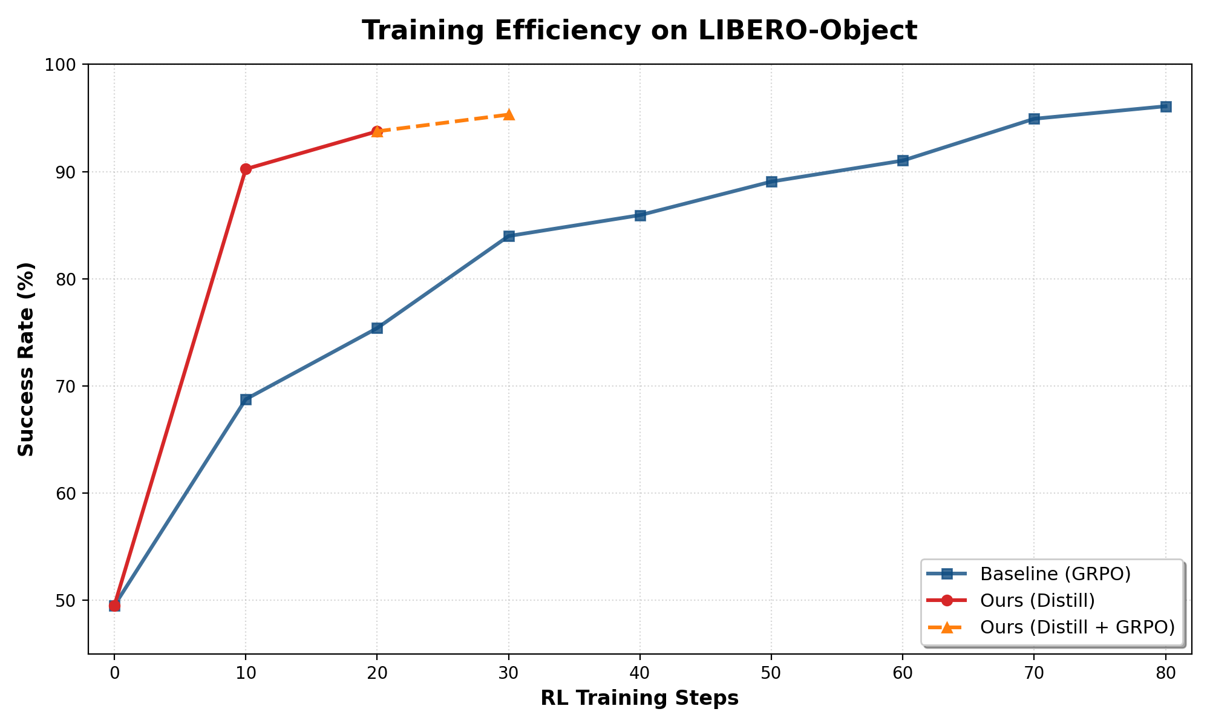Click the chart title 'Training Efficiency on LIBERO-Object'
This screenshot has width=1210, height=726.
[x=639, y=31]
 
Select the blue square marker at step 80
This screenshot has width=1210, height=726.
[x=1166, y=106]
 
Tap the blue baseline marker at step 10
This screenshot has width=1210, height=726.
[x=246, y=399]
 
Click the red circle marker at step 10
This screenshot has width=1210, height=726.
[x=246, y=169]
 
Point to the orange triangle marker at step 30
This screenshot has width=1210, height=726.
[x=509, y=114]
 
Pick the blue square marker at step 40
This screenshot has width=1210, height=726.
[x=640, y=215]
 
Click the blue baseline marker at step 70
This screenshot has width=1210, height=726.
[x=1034, y=119]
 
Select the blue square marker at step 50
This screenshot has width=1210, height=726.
[x=771, y=181]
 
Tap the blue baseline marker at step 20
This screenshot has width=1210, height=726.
[x=377, y=328]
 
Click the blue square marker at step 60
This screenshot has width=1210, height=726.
[x=903, y=160]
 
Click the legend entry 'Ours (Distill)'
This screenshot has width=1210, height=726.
[x=1038, y=600]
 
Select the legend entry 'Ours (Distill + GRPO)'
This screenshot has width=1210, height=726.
[x=1077, y=627]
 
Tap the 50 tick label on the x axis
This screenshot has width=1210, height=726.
[x=771, y=673]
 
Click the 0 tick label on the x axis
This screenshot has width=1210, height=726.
[x=114, y=673]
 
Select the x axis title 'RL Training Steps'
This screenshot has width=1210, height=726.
[x=639, y=698]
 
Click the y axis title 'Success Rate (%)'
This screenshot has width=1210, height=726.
[x=26, y=359]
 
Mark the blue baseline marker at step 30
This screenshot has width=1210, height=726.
[x=509, y=236]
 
